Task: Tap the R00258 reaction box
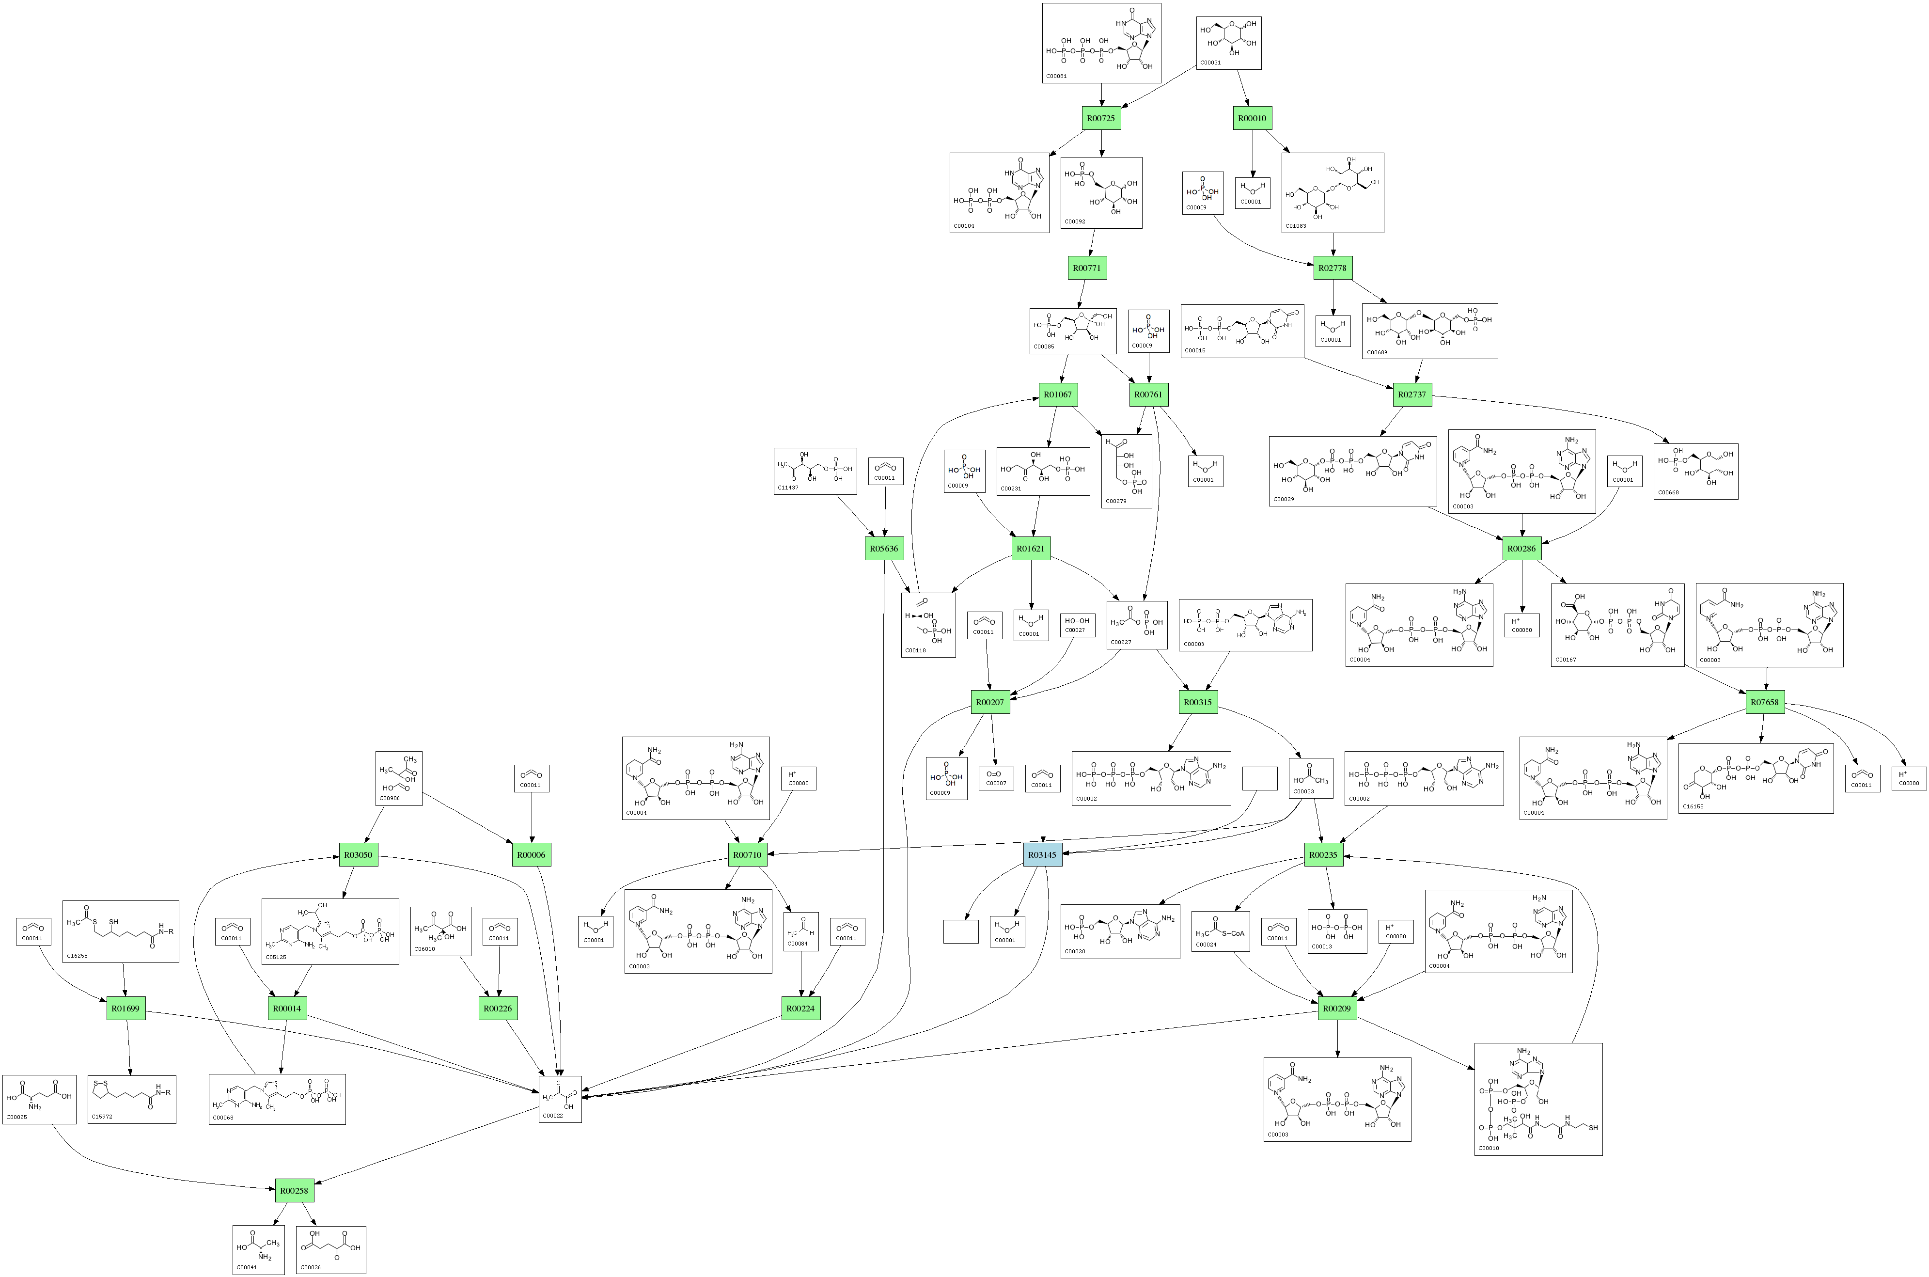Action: pos(294,1191)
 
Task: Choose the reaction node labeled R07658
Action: pos(1765,702)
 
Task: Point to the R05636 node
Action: pos(883,549)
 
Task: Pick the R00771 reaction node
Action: pos(1087,268)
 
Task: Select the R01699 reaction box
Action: pos(125,1008)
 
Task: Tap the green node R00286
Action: pos(1521,549)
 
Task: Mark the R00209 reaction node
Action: pos(1337,1008)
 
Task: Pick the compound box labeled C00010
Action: pos(1537,1099)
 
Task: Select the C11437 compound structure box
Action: pos(815,471)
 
